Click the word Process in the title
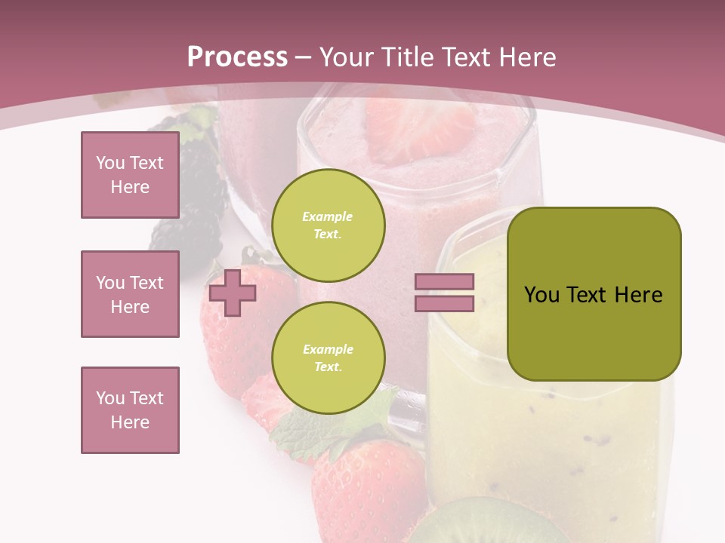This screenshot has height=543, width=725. click(x=237, y=57)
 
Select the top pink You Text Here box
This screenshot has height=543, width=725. click(x=130, y=175)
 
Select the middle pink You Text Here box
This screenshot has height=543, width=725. click(x=130, y=294)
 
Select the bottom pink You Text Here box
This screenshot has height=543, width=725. click(x=130, y=410)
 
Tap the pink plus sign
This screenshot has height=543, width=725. click(x=232, y=293)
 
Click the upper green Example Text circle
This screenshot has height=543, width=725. click(x=328, y=225)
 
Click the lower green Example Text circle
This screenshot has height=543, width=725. click(x=328, y=358)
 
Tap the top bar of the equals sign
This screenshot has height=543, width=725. click(x=444, y=281)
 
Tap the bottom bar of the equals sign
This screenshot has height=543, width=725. click(x=444, y=304)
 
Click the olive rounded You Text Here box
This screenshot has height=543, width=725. click(x=594, y=294)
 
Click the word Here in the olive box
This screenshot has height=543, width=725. click(x=638, y=295)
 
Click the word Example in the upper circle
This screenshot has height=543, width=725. click(x=328, y=216)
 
